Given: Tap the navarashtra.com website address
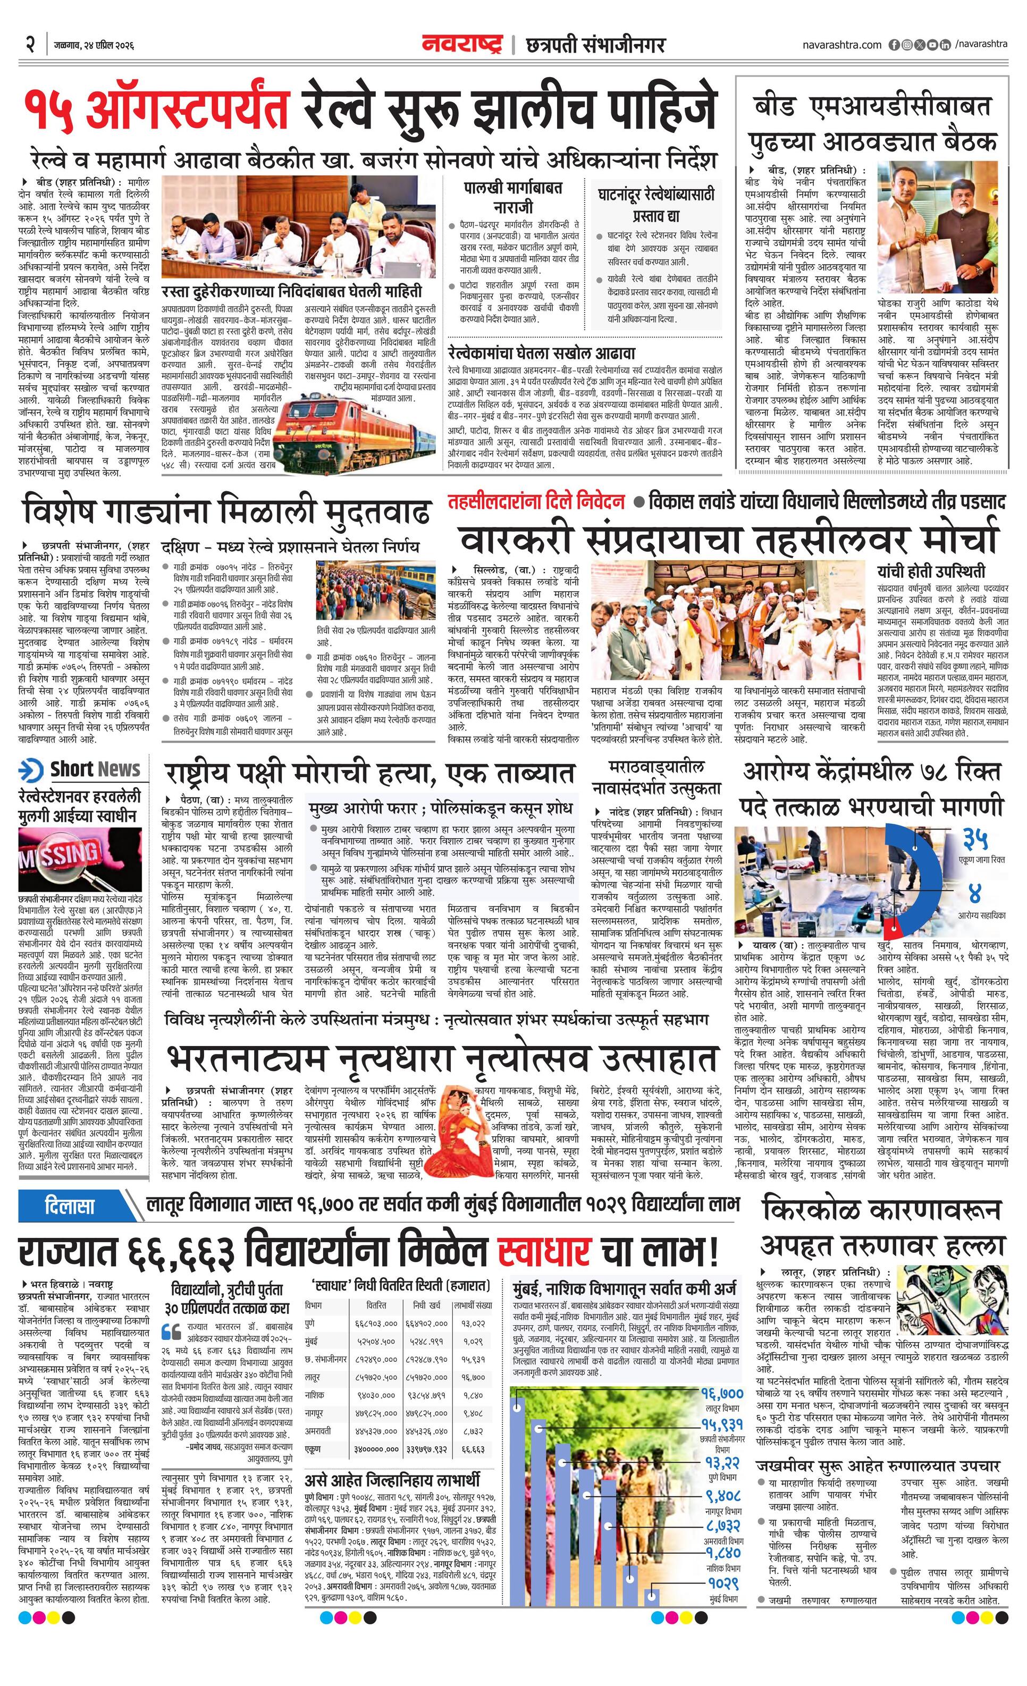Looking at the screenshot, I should pos(842,45).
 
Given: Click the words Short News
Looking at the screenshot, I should pos(95,769).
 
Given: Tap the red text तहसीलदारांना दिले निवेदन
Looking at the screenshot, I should pos(536,502).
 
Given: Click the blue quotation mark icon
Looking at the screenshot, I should pos(171,1331).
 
